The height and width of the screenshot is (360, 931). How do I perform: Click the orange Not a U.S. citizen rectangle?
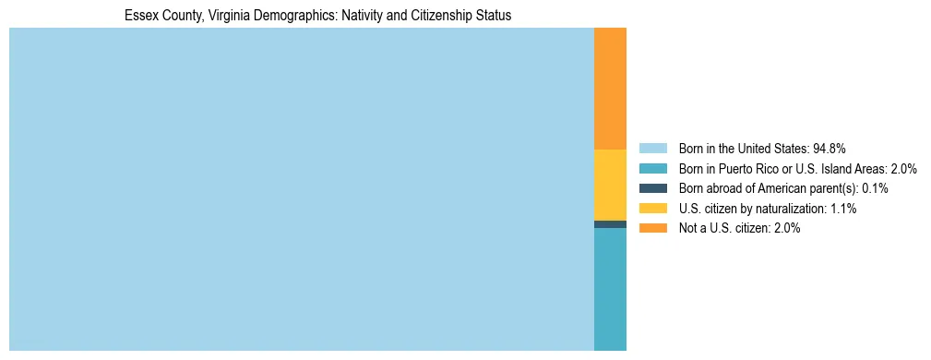[x=610, y=89]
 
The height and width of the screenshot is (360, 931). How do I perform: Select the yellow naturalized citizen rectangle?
[x=610, y=185]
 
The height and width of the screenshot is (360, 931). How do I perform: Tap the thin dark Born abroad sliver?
[x=610, y=224]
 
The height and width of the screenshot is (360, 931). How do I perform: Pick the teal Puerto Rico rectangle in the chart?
[x=610, y=288]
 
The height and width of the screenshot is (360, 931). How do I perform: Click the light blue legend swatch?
[x=652, y=148]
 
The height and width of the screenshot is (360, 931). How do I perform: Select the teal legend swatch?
[x=652, y=168]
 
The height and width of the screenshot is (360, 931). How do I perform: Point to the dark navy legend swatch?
[x=652, y=188]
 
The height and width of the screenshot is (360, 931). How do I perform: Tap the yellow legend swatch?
[x=652, y=209]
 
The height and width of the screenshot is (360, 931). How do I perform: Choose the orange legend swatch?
[x=652, y=228]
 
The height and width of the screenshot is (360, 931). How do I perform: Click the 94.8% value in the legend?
[x=830, y=148]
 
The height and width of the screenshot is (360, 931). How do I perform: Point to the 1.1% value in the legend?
[x=841, y=209]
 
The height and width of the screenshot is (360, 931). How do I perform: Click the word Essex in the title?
[x=139, y=16]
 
